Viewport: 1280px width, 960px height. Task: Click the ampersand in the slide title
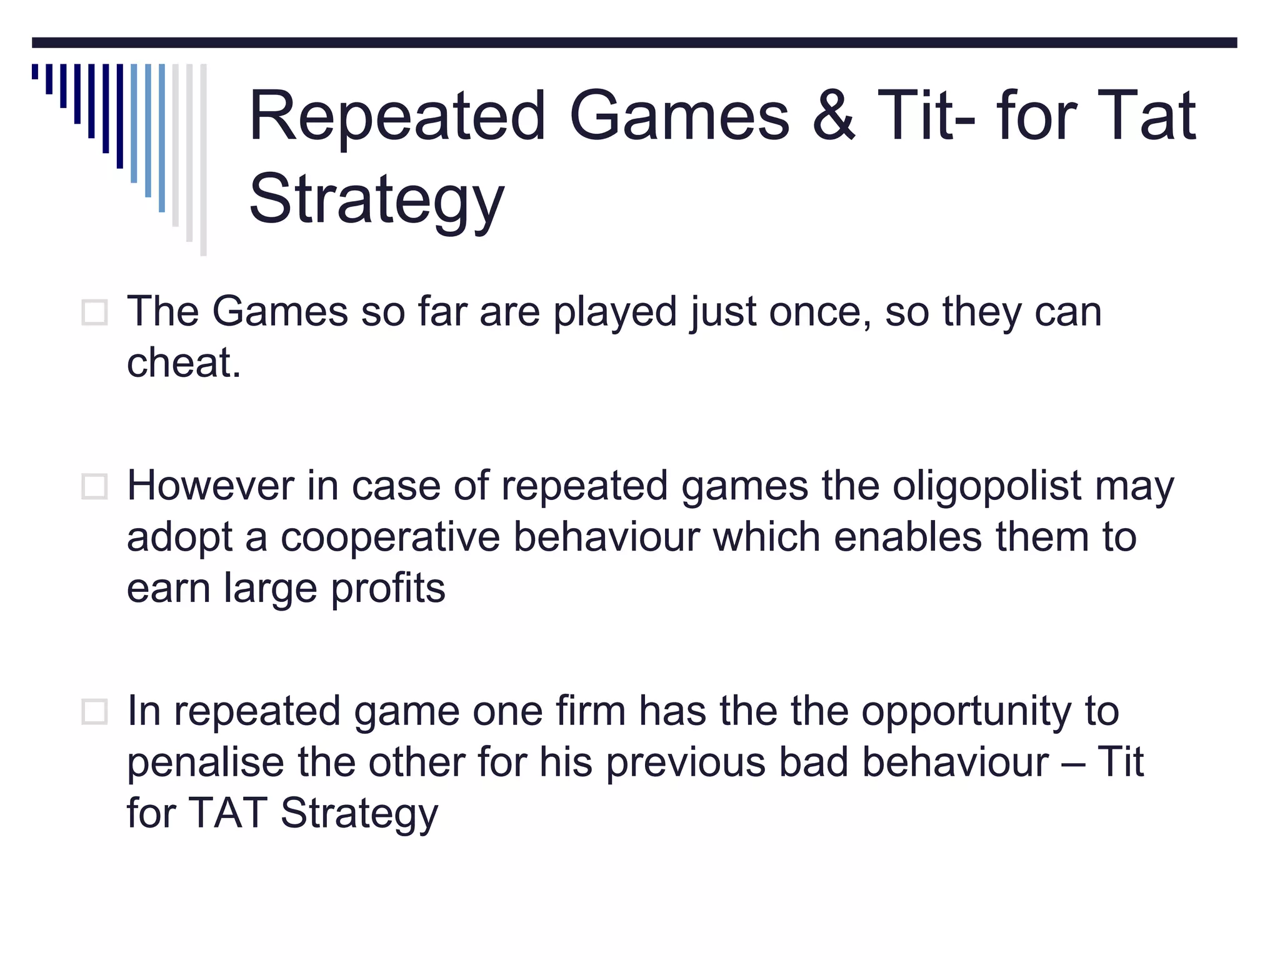click(834, 116)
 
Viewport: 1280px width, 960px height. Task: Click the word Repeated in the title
click(397, 116)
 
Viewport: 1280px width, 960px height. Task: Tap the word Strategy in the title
click(376, 200)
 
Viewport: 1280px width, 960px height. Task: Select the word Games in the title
click(679, 116)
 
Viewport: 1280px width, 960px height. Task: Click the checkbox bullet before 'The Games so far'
click(94, 312)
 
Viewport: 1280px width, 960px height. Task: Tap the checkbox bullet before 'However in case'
click(94, 486)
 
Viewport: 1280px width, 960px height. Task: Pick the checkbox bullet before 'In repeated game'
click(94, 711)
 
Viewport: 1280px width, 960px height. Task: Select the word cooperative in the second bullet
click(390, 537)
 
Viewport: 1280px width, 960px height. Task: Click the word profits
click(387, 589)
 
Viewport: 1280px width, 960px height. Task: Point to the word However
click(210, 486)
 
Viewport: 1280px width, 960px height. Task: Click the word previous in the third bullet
click(685, 762)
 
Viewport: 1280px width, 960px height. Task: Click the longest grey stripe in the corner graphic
click(203, 159)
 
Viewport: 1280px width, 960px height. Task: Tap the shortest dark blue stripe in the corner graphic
click(35, 71)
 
